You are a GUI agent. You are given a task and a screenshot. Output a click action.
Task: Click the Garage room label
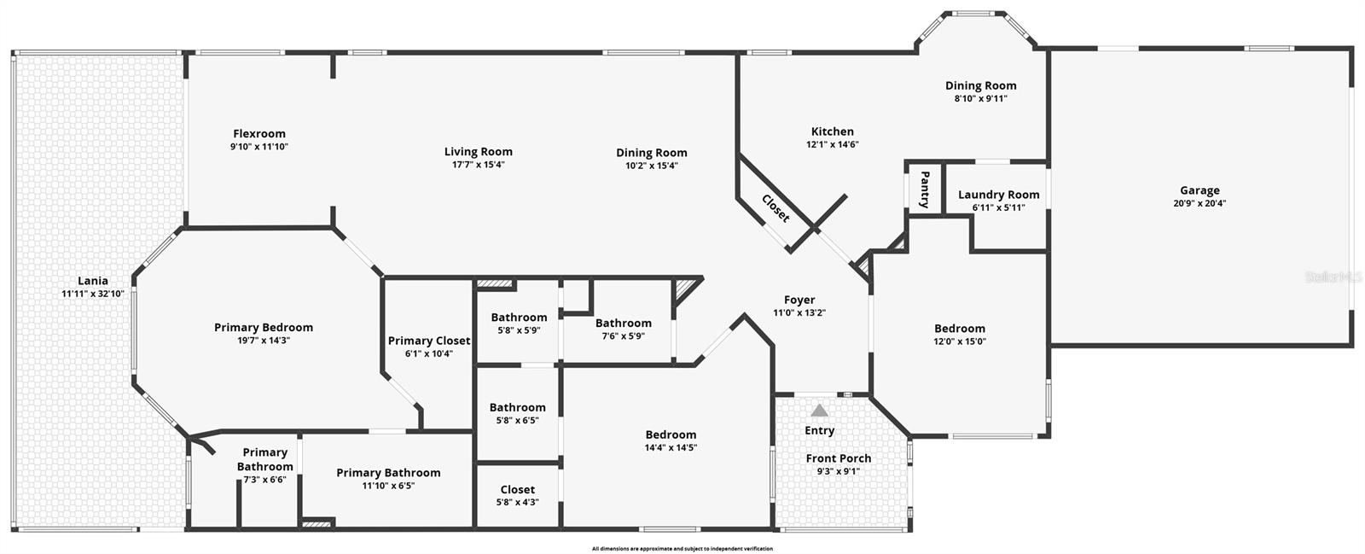click(1199, 190)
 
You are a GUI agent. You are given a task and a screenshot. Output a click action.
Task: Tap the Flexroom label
click(259, 133)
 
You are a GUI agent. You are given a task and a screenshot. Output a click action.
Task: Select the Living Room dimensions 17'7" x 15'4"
click(478, 165)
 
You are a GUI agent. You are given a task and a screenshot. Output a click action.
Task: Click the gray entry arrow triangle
click(819, 411)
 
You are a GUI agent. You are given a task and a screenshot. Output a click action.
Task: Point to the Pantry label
click(924, 189)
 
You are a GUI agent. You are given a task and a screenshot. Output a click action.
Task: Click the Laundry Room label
click(998, 195)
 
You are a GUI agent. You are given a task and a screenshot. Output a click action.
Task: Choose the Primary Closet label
click(428, 341)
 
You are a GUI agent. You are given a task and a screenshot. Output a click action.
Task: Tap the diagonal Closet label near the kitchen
click(775, 209)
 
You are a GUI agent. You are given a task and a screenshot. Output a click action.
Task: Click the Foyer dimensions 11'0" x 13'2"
click(799, 313)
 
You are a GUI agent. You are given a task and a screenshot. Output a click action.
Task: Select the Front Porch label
click(839, 458)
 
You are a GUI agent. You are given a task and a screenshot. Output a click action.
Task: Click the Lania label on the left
click(93, 280)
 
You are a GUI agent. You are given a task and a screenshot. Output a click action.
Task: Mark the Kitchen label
click(832, 131)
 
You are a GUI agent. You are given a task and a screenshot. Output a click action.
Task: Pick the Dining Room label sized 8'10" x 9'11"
click(980, 85)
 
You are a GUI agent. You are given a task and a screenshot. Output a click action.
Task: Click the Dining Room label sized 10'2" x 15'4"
click(651, 153)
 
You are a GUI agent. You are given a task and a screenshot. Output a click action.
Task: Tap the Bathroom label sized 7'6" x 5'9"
click(623, 323)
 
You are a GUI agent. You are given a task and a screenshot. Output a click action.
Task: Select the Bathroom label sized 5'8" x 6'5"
click(517, 407)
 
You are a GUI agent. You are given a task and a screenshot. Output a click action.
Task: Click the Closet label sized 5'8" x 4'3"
click(517, 489)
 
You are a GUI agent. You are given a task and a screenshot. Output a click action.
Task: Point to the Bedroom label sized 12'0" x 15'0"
click(959, 328)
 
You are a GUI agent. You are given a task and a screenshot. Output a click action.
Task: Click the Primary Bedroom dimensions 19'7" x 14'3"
click(263, 341)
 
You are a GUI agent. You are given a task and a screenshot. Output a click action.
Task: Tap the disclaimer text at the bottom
click(682, 548)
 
